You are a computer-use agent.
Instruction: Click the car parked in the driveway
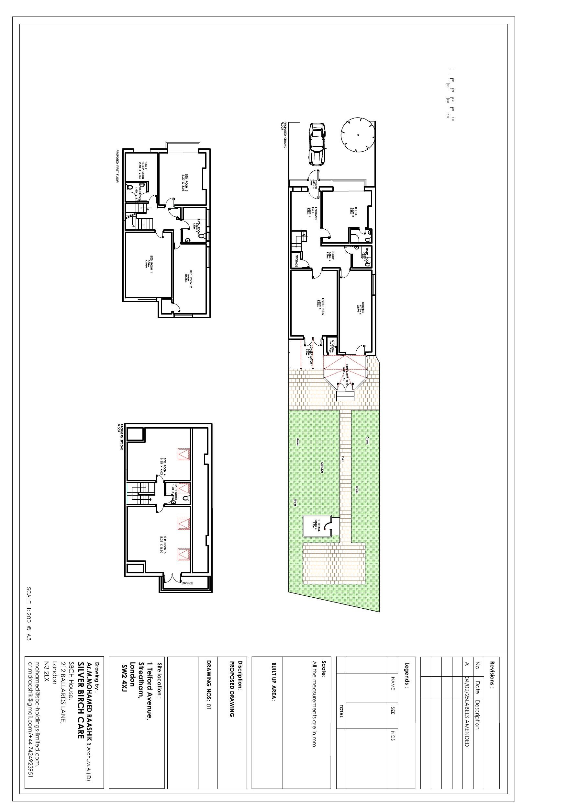click(317, 144)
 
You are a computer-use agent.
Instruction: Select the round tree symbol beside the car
click(358, 135)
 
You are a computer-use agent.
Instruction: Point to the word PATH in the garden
click(343, 459)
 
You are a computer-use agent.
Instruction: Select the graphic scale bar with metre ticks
click(451, 95)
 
